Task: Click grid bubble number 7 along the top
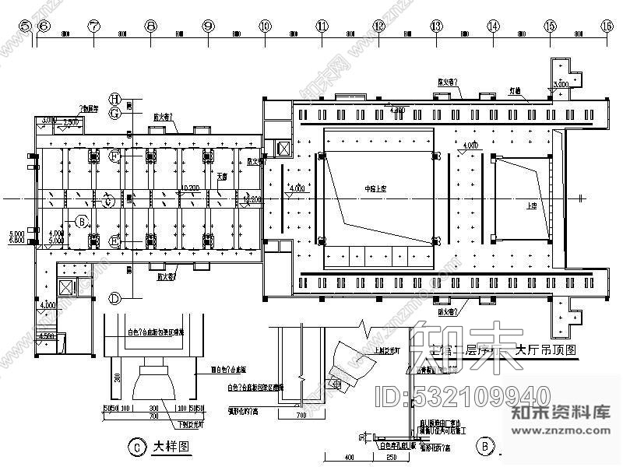pyautogui.click(x=94, y=26)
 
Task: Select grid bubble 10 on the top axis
pyautogui.click(x=265, y=26)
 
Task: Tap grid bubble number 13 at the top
pyautogui.click(x=436, y=26)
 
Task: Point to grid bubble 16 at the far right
pyautogui.click(x=607, y=26)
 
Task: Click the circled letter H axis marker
pyautogui.click(x=114, y=99)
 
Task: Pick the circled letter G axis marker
pyautogui.click(x=114, y=113)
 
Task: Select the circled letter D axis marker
pyautogui.click(x=114, y=298)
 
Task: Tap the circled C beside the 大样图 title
pyautogui.click(x=136, y=447)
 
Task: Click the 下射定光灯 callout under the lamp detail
pyautogui.click(x=188, y=424)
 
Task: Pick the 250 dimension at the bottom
pyautogui.click(x=392, y=457)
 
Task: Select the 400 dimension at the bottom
pyautogui.click(x=349, y=457)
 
